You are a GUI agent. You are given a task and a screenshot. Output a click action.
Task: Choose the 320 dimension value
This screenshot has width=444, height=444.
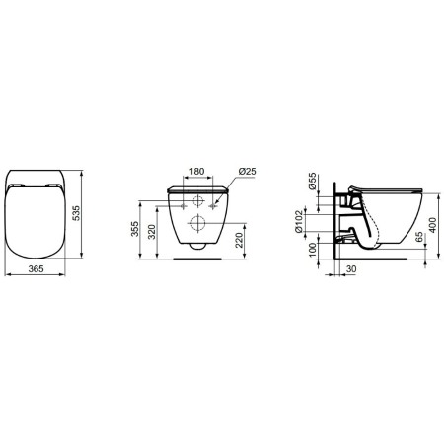tap(152, 233)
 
